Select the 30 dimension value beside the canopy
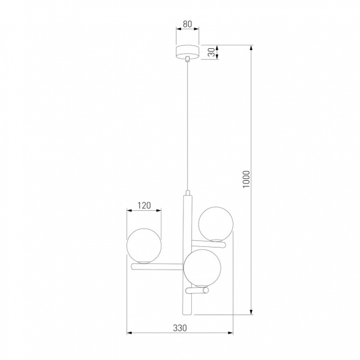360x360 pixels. [x=210, y=53]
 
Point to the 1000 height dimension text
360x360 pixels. [x=246, y=178]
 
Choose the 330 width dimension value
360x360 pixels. [x=178, y=328]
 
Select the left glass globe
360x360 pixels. [x=144, y=244]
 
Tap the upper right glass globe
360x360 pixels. [x=215, y=224]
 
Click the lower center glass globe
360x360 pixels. [x=202, y=267]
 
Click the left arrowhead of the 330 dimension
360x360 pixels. [x=128, y=334]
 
